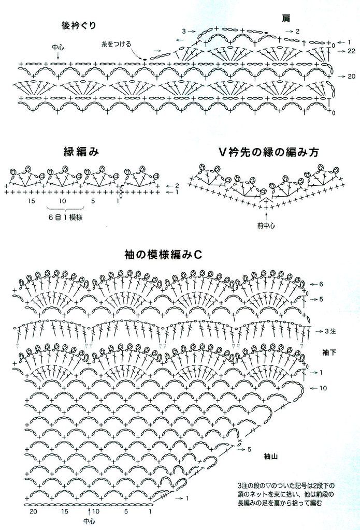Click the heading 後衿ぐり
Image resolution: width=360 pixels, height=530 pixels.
click(79, 26)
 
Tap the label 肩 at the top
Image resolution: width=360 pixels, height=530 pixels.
click(286, 18)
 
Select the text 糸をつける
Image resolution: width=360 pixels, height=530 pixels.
click(116, 44)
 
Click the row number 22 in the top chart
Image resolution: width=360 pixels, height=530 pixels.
click(351, 51)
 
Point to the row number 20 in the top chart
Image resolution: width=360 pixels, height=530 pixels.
click(351, 77)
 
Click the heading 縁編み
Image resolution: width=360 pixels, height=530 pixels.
click(81, 152)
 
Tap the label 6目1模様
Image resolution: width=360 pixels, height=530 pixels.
click(65, 217)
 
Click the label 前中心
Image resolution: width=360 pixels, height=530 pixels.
click(266, 225)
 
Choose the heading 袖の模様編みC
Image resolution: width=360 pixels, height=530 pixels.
click(163, 255)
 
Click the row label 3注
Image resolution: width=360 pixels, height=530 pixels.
click(330, 331)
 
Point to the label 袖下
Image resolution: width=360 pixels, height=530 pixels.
click(329, 352)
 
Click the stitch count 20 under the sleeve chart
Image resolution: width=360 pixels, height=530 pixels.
click(33, 511)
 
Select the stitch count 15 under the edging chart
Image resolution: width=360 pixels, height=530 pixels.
click(32, 201)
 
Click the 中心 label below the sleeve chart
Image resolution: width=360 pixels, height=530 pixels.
click(89, 522)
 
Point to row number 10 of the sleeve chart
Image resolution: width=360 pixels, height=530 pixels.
click(323, 388)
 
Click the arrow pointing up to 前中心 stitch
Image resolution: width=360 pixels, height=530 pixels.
click(266, 215)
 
